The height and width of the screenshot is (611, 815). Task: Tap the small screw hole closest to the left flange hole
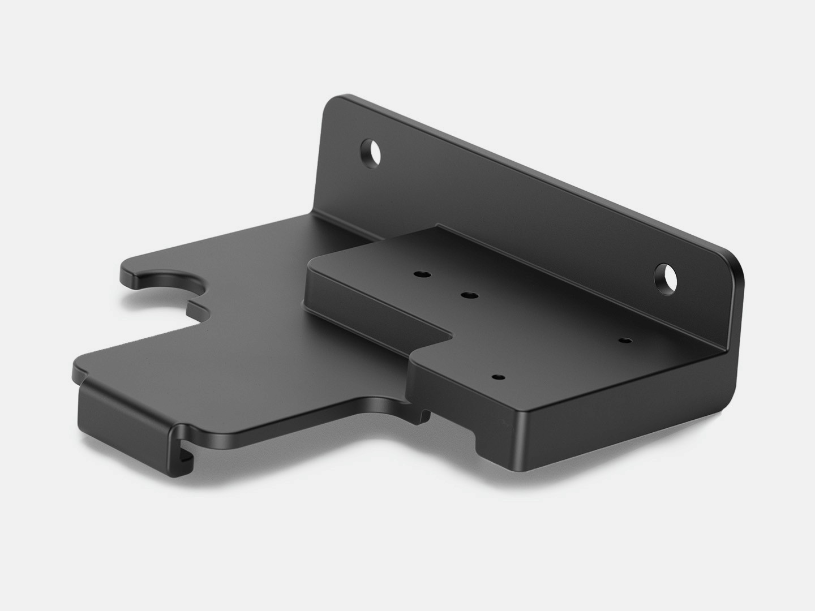point(421,274)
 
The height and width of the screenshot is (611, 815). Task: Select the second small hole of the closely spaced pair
point(468,295)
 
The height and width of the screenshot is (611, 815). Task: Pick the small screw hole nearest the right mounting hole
point(625,341)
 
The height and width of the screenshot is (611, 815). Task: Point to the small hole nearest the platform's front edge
point(497,376)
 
